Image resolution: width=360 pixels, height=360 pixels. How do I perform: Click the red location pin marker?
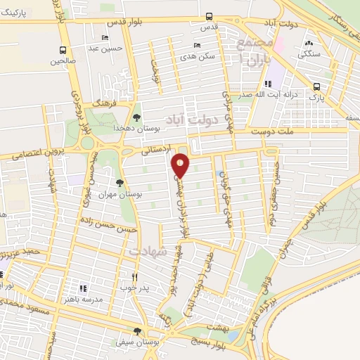coord(181,165)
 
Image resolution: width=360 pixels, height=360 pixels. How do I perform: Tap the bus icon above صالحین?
coord(63,50)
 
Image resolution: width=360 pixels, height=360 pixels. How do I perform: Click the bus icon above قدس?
coord(209,16)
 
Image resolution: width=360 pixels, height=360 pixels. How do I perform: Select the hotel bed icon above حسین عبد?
coord(105,37)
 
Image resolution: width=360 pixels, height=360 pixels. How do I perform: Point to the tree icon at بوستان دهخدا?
coord(136,117)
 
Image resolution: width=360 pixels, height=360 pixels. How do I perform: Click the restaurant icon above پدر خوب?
coord(136,276)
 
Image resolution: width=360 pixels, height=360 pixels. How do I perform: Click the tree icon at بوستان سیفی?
coord(137,330)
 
